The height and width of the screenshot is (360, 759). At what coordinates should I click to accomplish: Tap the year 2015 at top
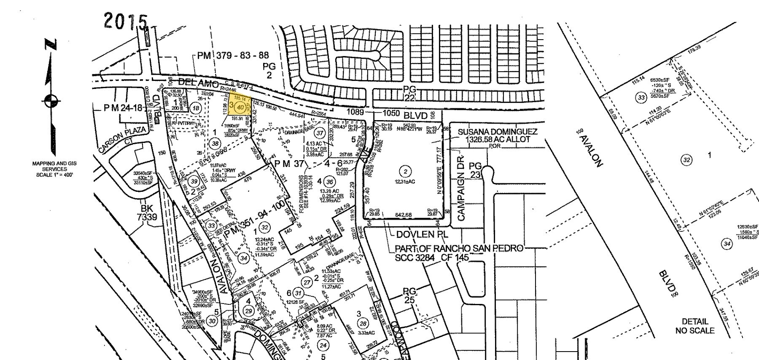tap(126, 21)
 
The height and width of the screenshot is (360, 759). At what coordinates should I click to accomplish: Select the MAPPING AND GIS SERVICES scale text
tap(55, 169)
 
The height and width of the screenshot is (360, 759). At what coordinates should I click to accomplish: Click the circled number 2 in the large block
tap(405, 171)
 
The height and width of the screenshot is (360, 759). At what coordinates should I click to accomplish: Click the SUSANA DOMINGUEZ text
tap(498, 132)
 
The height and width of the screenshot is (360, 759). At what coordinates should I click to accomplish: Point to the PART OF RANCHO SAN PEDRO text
tap(459, 248)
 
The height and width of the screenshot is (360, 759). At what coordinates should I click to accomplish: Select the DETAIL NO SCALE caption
tap(694, 326)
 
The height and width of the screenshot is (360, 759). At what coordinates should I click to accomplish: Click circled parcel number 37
tap(320, 133)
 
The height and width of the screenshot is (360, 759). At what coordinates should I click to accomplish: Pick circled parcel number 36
tap(329, 182)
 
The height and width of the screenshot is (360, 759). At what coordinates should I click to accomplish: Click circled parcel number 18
tap(196, 108)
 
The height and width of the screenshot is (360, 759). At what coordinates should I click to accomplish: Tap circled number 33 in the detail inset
tap(641, 98)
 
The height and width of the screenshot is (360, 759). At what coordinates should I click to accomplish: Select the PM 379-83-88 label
tap(233, 56)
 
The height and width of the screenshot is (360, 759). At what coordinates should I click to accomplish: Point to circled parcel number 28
tap(363, 323)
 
